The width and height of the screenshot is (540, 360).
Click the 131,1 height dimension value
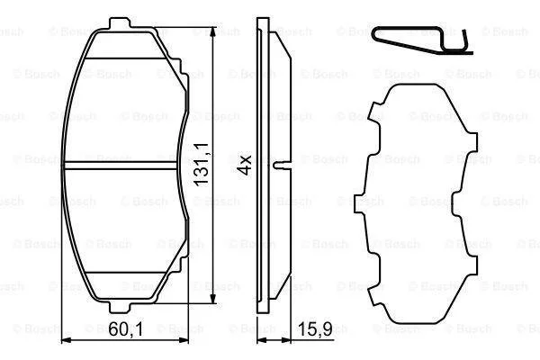click(x=201, y=165)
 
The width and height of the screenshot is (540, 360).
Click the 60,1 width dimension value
click(x=125, y=329)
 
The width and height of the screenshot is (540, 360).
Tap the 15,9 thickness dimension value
click(x=315, y=329)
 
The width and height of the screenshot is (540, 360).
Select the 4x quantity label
click(x=246, y=166)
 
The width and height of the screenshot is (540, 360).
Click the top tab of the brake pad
click(x=120, y=22)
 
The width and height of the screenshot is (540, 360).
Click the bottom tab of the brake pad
click(x=120, y=307)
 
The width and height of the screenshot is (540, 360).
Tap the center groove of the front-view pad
click(x=121, y=166)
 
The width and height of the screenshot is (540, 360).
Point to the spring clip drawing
click(x=422, y=40)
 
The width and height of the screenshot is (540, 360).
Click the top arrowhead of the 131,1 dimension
click(x=214, y=31)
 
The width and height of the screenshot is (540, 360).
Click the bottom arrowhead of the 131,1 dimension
click(x=214, y=298)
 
